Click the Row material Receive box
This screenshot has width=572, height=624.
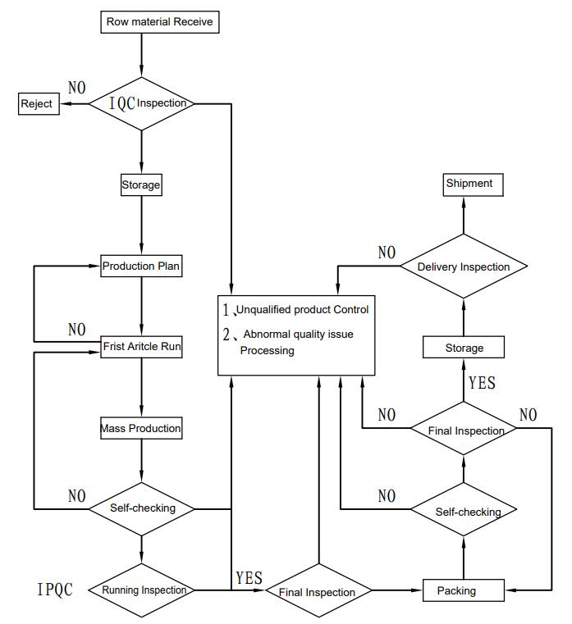[x=160, y=22]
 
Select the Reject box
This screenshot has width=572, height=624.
[x=39, y=104]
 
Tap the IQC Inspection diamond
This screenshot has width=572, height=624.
[x=142, y=103]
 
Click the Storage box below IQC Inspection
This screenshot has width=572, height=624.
[x=141, y=185]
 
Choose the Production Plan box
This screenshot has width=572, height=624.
[x=141, y=266]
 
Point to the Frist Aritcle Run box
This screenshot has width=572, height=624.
[x=141, y=347]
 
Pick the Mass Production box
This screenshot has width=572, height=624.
[x=141, y=428]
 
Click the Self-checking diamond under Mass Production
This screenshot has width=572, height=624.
[x=142, y=508]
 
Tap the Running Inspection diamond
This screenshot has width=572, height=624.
[x=143, y=590]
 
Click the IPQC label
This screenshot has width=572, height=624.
[x=55, y=590]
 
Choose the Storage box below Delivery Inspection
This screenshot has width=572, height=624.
[x=464, y=348]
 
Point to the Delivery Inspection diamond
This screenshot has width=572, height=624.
[x=463, y=266]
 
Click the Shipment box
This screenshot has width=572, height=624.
[x=469, y=184]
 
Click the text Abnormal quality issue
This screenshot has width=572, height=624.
[x=298, y=335]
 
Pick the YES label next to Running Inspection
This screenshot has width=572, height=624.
[x=249, y=578]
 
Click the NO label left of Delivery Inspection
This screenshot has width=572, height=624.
[x=387, y=253]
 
